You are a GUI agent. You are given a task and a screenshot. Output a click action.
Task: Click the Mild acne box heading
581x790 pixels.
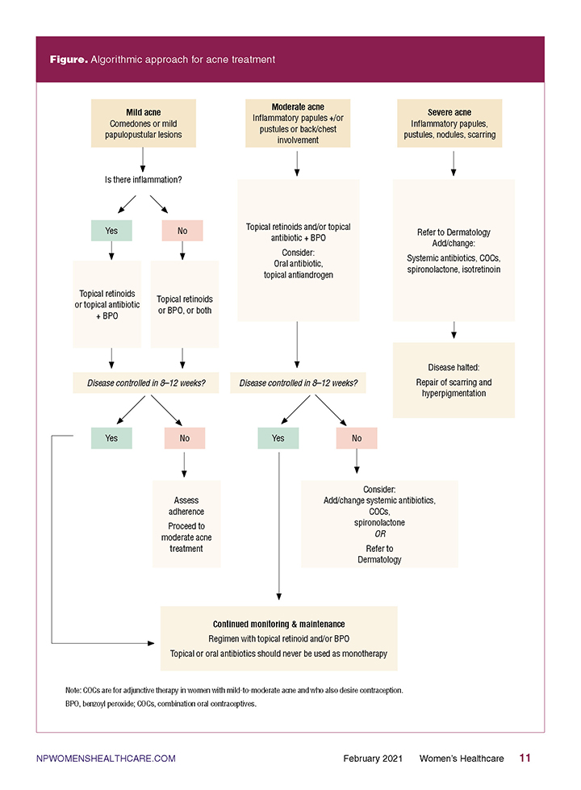tap(144, 112)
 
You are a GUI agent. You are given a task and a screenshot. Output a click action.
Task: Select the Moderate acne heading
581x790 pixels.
tap(298, 107)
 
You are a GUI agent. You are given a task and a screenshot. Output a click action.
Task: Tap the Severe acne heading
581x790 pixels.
tap(449, 112)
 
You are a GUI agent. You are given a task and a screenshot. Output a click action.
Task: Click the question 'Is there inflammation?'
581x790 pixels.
tap(143, 180)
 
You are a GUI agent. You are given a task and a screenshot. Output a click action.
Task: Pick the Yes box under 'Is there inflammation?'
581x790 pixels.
tap(111, 231)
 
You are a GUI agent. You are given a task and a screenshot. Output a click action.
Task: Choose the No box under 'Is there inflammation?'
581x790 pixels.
tap(182, 231)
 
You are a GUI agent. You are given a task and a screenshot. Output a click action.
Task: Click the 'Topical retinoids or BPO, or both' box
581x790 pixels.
tap(185, 304)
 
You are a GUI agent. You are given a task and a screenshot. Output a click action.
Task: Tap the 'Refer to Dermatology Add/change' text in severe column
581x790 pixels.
tap(454, 238)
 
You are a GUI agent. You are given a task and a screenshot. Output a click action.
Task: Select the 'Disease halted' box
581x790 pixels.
tap(454, 380)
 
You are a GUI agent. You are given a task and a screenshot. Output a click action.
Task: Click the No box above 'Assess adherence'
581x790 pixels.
tap(185, 438)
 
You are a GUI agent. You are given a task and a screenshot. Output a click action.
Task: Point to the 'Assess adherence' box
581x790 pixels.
tap(186, 524)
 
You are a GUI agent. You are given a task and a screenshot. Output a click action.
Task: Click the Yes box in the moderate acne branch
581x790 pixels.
tap(278, 438)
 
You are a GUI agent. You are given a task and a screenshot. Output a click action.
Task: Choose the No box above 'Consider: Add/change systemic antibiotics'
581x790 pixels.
tap(357, 438)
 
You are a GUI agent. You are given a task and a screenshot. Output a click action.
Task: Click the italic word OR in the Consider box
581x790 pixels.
tap(380, 534)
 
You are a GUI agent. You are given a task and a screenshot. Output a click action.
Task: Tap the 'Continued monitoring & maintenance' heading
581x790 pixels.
tap(278, 625)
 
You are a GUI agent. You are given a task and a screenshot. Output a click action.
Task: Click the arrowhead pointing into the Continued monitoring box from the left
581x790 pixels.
tap(151, 643)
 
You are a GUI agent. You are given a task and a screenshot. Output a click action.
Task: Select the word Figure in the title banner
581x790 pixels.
tap(69, 60)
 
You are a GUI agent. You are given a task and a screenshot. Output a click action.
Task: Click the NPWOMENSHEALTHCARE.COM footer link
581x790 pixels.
tap(106, 759)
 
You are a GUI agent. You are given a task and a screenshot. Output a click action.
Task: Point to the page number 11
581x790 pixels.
tap(525, 758)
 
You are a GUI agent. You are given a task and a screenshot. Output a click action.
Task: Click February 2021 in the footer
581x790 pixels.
tap(373, 759)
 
